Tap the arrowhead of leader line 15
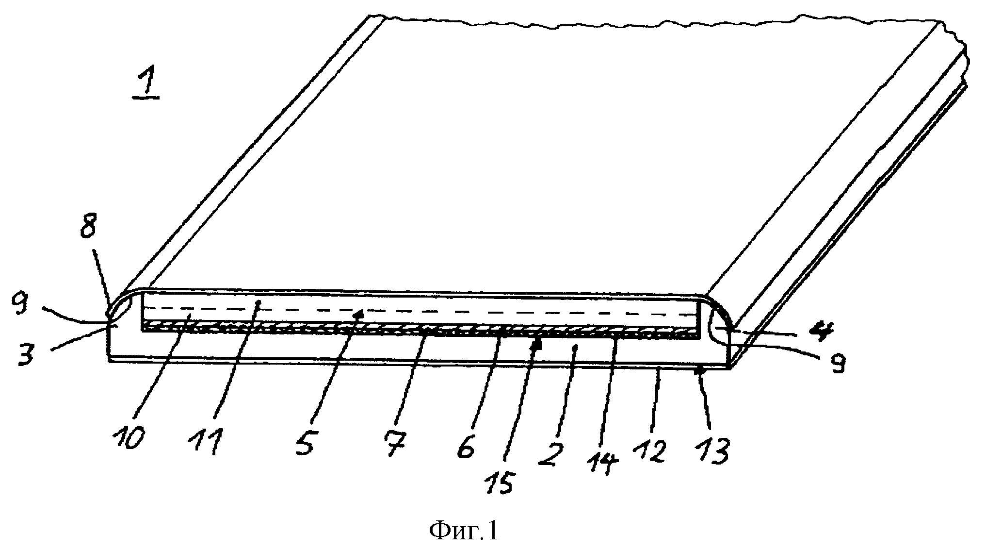(x=536, y=346)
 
